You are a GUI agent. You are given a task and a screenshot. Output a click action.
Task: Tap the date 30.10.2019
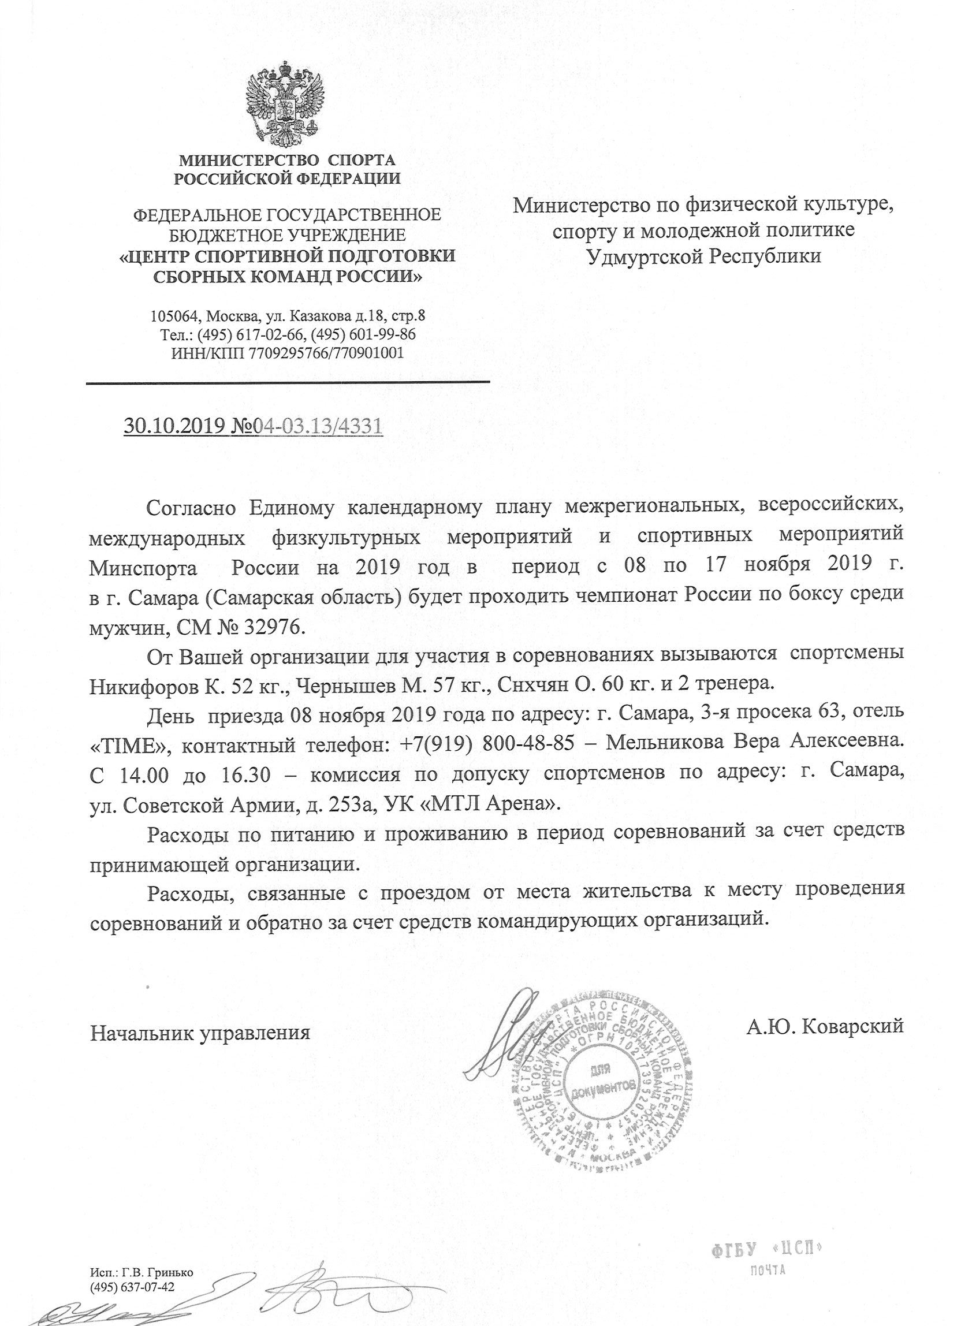tap(175, 426)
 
